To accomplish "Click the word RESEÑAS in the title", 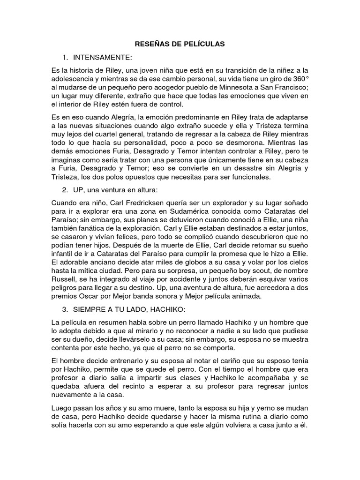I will [149, 44].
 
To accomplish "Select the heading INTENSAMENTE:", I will [103, 57].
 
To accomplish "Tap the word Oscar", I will [92, 297].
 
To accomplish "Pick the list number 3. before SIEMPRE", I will [65, 310].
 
